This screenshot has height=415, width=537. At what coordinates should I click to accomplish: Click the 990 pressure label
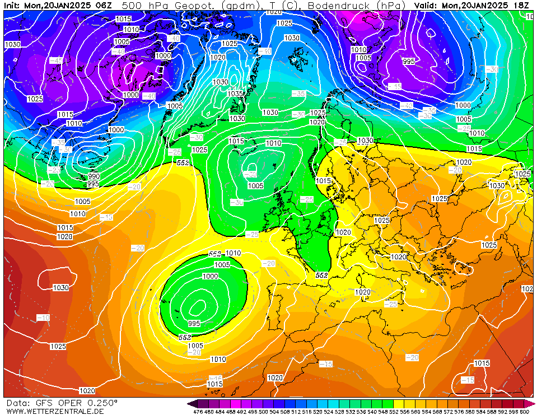pos(94,176)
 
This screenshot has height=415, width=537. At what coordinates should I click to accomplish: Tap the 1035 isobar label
pos(235,94)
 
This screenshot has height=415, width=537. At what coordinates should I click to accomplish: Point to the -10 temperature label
pos(43,318)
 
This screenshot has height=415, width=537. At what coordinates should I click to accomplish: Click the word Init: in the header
pos(12,5)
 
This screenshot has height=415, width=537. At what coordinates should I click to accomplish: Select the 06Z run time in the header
pos(104,5)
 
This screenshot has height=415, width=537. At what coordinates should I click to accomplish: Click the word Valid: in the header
pos(426,5)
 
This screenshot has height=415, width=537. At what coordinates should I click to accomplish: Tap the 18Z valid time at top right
pos(522,5)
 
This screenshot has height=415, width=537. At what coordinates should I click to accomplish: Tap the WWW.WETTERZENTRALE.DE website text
pos(55,411)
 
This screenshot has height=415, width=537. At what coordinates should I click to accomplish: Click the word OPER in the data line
pos(71,403)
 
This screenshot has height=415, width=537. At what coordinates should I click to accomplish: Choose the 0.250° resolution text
pos(103,403)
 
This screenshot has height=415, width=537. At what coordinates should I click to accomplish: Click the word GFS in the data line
pos(45,403)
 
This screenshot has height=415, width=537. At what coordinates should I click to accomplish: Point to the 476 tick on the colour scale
pos(197,412)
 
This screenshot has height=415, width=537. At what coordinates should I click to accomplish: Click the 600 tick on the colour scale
pos(524,412)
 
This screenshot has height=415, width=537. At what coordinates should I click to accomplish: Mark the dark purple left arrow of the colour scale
pos(192,403)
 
